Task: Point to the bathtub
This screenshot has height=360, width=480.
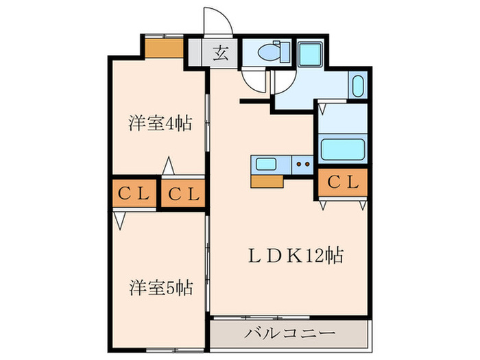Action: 341,148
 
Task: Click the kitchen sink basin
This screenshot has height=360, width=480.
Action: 265,164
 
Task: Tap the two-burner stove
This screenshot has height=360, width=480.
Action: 301,164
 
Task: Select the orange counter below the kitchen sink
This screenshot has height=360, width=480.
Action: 267,180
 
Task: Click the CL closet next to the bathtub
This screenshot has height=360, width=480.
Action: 342,182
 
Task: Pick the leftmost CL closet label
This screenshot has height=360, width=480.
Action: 134,194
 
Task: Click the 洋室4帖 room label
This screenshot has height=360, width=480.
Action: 159,124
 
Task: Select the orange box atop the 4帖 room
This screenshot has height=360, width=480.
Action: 163,48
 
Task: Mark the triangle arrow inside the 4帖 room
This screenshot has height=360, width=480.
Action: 168,167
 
